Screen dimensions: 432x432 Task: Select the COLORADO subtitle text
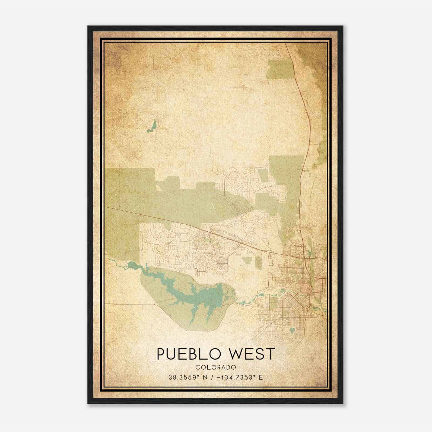tap(216, 367)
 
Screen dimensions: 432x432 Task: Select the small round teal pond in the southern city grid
tap(292, 330)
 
